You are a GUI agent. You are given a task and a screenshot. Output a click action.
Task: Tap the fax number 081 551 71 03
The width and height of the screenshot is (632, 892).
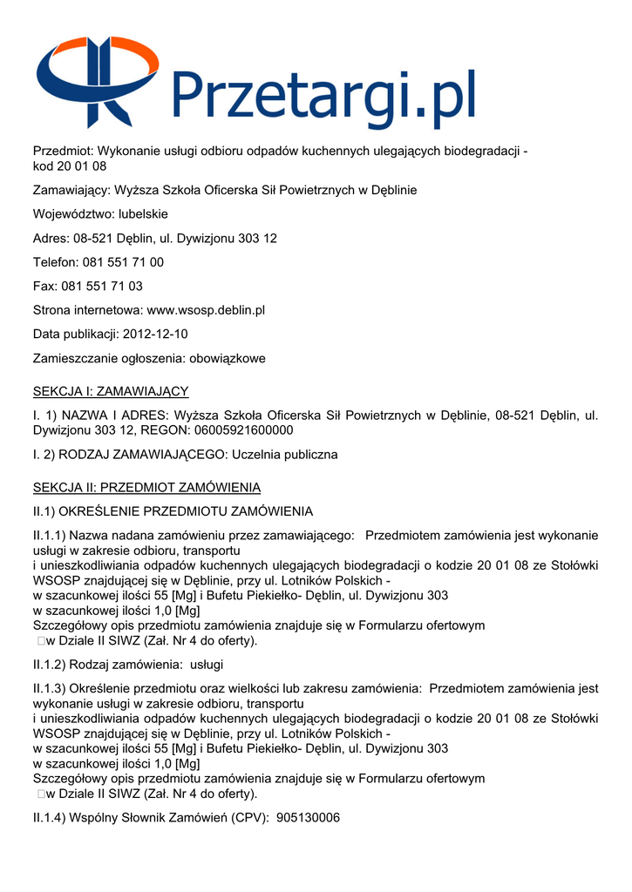tap(102, 286)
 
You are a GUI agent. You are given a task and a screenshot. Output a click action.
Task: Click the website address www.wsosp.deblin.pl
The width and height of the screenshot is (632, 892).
tap(206, 310)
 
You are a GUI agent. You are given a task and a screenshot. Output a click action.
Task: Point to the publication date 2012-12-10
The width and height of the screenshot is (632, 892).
tap(155, 334)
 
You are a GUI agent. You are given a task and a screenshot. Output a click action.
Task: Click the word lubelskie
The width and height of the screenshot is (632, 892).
tap(144, 214)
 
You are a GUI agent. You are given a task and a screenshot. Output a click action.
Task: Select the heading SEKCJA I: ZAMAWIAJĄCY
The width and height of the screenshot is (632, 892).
tap(111, 392)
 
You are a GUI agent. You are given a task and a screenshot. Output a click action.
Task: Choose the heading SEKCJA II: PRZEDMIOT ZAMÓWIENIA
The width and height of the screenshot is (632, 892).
tap(146, 487)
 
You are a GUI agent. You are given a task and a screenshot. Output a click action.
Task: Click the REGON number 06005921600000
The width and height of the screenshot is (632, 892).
tap(243, 430)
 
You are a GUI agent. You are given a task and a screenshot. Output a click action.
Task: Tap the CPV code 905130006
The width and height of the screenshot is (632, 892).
tap(307, 817)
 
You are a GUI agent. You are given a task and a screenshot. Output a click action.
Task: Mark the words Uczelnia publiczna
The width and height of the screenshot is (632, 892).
tap(283, 455)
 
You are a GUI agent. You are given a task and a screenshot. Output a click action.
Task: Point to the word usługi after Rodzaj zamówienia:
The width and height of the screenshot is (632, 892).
tap(207, 665)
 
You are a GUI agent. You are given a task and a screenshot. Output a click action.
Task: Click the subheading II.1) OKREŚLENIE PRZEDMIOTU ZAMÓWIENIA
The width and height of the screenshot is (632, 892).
tap(173, 510)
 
